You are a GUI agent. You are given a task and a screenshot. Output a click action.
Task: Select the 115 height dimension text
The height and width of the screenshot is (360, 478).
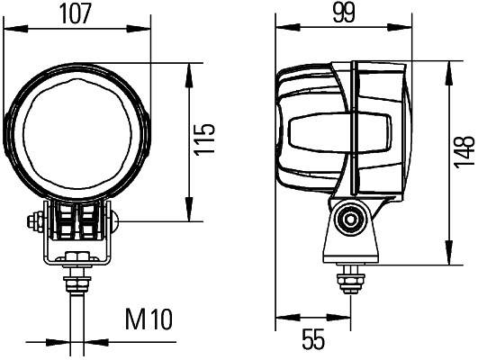pyautogui.click(x=207, y=139)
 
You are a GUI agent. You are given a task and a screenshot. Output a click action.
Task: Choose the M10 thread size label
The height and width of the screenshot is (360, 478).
pyautogui.click(x=149, y=319)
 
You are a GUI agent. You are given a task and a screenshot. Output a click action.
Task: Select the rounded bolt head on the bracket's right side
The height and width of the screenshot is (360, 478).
pyautogui.click(x=114, y=220)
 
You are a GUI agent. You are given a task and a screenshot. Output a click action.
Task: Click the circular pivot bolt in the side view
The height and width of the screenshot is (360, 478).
pyautogui.click(x=350, y=218)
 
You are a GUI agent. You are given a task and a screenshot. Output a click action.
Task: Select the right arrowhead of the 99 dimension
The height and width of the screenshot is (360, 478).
pyautogui.click(x=411, y=29)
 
